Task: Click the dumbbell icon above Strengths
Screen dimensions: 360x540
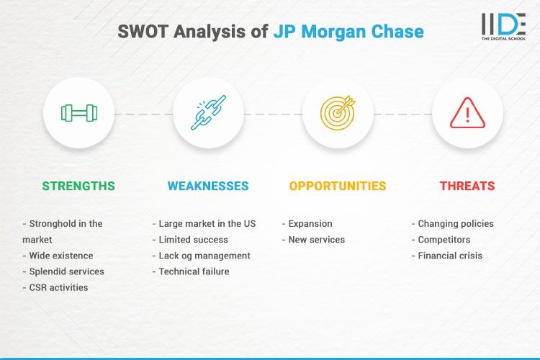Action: (x=78, y=113)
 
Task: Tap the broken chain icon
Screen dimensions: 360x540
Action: (x=209, y=113)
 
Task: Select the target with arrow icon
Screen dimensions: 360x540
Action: (x=338, y=113)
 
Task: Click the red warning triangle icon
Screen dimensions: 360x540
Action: (x=467, y=113)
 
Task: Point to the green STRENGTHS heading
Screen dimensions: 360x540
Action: (x=78, y=186)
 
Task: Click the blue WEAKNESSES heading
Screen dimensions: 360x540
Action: (x=208, y=186)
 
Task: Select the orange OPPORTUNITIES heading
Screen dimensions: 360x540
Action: (x=338, y=186)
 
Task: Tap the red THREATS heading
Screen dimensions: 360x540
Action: (x=467, y=186)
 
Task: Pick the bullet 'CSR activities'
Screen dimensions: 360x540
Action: (x=58, y=287)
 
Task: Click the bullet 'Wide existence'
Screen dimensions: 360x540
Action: (x=61, y=256)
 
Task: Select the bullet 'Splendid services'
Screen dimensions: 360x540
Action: (x=66, y=271)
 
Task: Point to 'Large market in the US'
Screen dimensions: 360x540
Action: (x=207, y=224)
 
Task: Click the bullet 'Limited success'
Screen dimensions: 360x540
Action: (x=193, y=240)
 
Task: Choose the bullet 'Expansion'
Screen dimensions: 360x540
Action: (x=310, y=224)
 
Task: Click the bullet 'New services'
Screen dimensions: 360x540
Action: (x=316, y=240)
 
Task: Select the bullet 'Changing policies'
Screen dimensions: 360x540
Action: (x=456, y=224)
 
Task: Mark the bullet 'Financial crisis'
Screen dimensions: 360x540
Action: (x=450, y=256)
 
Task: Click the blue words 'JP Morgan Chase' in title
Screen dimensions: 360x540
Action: (x=348, y=32)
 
